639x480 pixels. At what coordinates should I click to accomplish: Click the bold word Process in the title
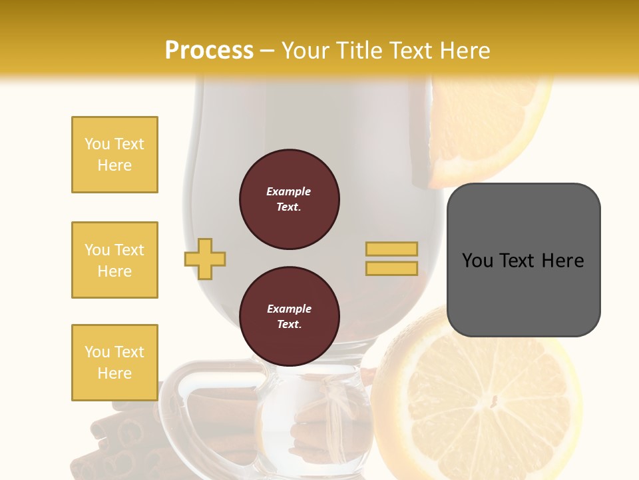click(209, 51)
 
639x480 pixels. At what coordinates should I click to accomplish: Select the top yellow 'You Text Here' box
click(114, 155)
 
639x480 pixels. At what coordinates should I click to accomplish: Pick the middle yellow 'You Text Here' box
click(114, 260)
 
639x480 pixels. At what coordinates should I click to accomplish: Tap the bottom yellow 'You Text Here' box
click(114, 363)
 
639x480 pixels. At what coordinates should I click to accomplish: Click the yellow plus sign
click(205, 259)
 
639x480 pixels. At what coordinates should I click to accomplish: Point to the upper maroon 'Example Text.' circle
click(289, 199)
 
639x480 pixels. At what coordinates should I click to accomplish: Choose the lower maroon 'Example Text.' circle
click(289, 317)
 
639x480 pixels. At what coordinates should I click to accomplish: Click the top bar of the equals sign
click(391, 249)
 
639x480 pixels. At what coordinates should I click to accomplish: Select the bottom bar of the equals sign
click(391, 268)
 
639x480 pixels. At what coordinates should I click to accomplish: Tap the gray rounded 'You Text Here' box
click(523, 259)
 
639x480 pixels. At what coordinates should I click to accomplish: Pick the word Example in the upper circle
click(288, 191)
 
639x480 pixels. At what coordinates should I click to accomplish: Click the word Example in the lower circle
click(289, 309)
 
